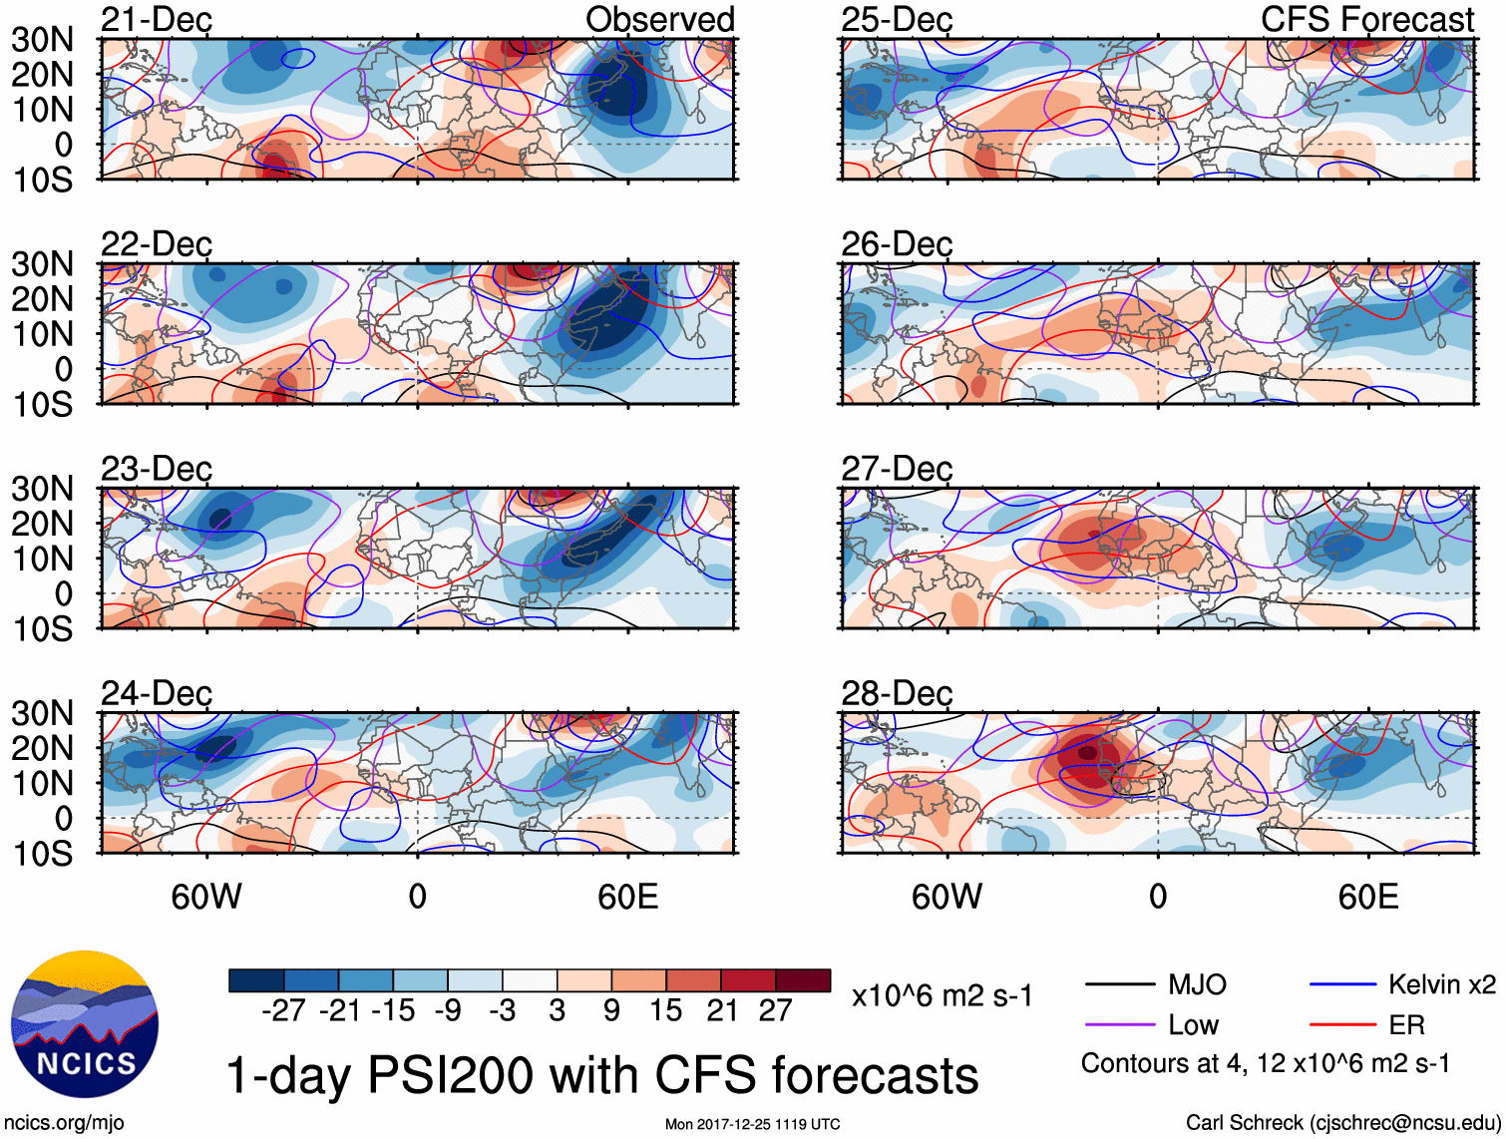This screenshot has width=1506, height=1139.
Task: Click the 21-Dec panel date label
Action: [x=157, y=20]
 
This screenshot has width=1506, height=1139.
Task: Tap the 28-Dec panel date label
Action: [x=897, y=693]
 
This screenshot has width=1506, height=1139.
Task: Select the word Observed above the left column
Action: [x=659, y=20]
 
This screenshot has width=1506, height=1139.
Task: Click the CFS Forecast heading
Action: [x=1366, y=20]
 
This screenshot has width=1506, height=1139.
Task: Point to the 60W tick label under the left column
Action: [x=206, y=897]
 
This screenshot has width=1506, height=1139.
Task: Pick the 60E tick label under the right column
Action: [x=1367, y=897]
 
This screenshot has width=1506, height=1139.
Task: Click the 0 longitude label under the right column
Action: [x=1158, y=897]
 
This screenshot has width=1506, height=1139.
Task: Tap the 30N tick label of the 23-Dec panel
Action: [x=42, y=489]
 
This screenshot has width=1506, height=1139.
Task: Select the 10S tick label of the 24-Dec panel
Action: [x=42, y=854]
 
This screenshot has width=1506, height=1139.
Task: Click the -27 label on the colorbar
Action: [x=283, y=1010]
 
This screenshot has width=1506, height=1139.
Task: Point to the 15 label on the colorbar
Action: [x=666, y=1010]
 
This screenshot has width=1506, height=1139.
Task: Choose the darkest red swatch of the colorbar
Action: [x=803, y=980]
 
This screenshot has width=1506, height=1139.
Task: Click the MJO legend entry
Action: [x=1197, y=985]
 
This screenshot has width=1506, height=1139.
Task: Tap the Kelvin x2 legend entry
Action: [x=1441, y=985]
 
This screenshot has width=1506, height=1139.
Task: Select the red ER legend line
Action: [x=1342, y=1024]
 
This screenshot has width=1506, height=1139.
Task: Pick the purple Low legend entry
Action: [x=1193, y=1024]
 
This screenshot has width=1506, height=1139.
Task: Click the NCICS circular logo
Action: [x=85, y=1024]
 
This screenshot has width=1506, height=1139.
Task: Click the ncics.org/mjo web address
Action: [x=64, y=1122]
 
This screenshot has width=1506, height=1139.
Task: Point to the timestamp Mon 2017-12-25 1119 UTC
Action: [x=752, y=1124]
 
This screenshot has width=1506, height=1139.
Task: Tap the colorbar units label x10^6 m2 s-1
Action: [x=941, y=995]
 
